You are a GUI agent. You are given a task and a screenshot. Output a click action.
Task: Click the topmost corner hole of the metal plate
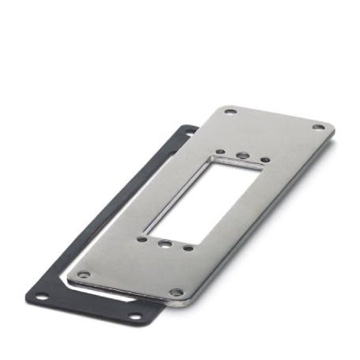tap(230, 111)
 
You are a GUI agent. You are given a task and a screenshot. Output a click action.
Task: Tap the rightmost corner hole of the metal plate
tap(318, 127)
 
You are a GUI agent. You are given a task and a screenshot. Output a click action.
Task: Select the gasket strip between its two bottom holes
tap(86, 308)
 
